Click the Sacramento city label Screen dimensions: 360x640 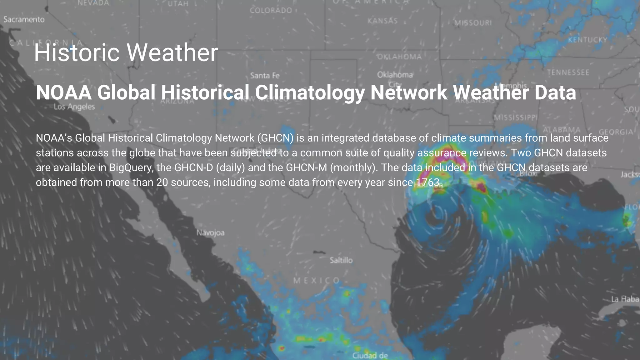pyautogui.click(x=24, y=19)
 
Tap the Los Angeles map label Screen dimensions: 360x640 pyautogui.click(x=74, y=107)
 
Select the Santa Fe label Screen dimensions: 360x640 pyautogui.click(x=265, y=76)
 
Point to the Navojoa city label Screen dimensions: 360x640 pyautogui.click(x=210, y=233)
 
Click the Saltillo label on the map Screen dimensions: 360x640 pyautogui.click(x=341, y=260)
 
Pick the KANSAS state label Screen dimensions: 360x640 pyautogui.click(x=382, y=21)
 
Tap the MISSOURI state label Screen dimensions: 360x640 pyautogui.click(x=473, y=23)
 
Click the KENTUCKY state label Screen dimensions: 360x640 pyautogui.click(x=587, y=40)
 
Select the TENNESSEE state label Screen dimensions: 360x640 pyautogui.click(x=568, y=72)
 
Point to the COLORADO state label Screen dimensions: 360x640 pyautogui.click(x=271, y=11)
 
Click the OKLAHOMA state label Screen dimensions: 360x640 pyautogui.click(x=399, y=57)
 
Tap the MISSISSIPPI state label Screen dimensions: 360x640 pyautogui.click(x=516, y=117)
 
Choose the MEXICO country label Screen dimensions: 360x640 pyautogui.click(x=316, y=281)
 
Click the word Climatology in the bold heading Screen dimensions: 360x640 pyautogui.click(x=310, y=92)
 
